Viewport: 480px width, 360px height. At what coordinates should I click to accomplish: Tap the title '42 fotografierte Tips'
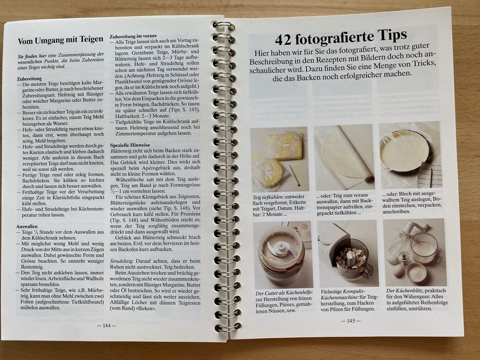point(341,36)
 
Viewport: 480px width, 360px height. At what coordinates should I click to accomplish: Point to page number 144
point(106,325)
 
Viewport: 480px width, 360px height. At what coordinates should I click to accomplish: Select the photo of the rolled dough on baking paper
point(344,157)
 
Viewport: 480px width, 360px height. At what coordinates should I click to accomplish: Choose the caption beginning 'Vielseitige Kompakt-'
point(341,291)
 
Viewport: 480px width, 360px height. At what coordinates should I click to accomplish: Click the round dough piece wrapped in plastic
point(269,173)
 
